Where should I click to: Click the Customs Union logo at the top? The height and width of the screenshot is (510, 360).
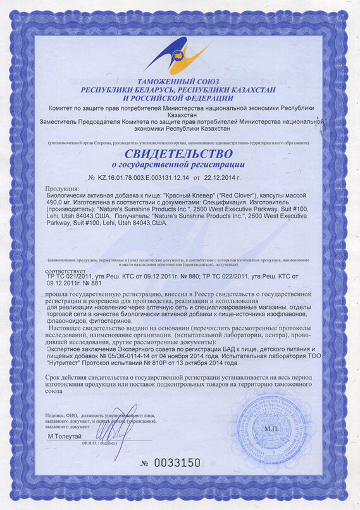click(179, 54)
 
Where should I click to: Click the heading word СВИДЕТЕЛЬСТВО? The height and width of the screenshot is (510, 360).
click(179, 154)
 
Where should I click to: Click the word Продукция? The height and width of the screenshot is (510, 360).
click(63, 189)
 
